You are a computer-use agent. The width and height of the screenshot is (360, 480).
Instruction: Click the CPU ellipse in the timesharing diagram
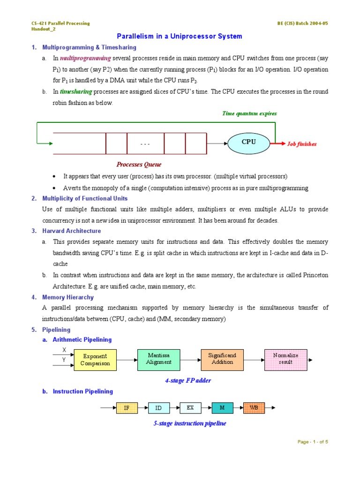(x=248, y=142)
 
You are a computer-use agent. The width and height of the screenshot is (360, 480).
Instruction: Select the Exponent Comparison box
(x=95, y=360)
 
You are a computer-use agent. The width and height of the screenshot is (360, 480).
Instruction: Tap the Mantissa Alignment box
(x=158, y=359)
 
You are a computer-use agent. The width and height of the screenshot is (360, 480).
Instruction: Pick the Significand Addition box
(x=222, y=359)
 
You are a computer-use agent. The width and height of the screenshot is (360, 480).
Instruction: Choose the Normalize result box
(x=285, y=359)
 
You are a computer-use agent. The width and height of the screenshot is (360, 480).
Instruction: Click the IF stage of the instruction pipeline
(x=127, y=408)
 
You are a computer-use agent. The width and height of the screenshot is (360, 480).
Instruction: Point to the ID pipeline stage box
(x=158, y=408)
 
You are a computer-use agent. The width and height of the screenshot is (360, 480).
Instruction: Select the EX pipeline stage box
(x=190, y=408)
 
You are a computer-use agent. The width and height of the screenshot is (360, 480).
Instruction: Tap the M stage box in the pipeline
(x=222, y=408)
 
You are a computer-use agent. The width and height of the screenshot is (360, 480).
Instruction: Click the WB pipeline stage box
(x=254, y=408)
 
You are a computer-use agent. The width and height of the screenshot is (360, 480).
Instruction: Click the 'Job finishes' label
(x=302, y=144)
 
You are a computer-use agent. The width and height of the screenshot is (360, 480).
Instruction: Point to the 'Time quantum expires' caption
(x=249, y=113)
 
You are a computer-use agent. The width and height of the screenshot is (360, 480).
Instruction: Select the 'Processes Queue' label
(x=139, y=164)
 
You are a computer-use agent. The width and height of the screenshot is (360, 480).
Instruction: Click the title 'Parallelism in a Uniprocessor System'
(x=180, y=36)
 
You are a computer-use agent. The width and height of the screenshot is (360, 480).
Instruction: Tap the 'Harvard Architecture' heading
(x=71, y=231)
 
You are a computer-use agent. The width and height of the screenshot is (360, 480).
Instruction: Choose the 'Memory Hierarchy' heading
(x=68, y=297)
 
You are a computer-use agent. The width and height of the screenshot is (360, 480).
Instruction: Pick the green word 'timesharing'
(x=76, y=91)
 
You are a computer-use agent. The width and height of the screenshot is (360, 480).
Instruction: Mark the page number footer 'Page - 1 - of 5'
(x=313, y=442)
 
